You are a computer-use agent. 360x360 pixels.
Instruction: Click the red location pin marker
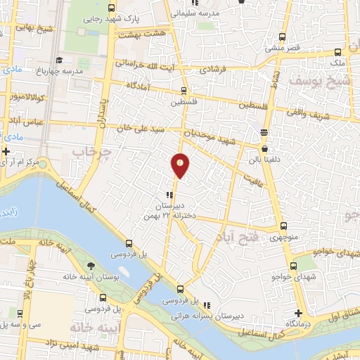click(180, 165)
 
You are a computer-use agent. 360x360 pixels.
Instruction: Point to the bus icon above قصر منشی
click(282, 37)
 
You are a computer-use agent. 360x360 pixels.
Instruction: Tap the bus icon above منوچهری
click(283, 226)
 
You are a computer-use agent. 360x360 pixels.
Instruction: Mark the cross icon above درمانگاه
click(299, 312)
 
